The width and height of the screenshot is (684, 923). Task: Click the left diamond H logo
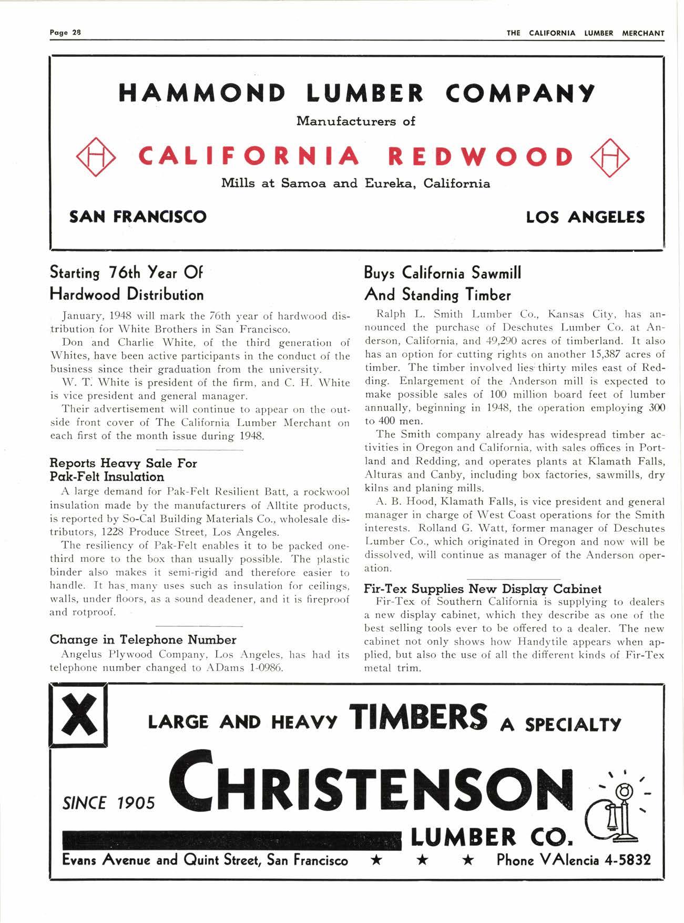point(96,156)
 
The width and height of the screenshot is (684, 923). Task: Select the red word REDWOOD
point(481,157)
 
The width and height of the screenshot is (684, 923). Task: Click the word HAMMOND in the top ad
point(203,93)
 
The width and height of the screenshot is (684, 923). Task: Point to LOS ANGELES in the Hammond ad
point(585,217)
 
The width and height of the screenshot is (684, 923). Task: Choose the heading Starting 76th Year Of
point(126,273)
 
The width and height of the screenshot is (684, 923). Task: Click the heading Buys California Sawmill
point(443,273)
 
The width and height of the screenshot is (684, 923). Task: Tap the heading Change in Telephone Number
point(143,640)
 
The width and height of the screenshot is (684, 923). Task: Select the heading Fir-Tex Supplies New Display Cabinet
point(483,589)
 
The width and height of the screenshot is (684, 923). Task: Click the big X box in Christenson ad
point(79,714)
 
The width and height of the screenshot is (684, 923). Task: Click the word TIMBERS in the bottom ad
point(420,717)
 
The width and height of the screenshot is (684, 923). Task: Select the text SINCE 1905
point(109,803)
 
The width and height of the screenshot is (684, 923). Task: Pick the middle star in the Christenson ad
point(423,860)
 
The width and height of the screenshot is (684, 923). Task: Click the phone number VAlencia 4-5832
point(574,860)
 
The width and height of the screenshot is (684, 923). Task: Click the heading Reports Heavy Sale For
point(123,463)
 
